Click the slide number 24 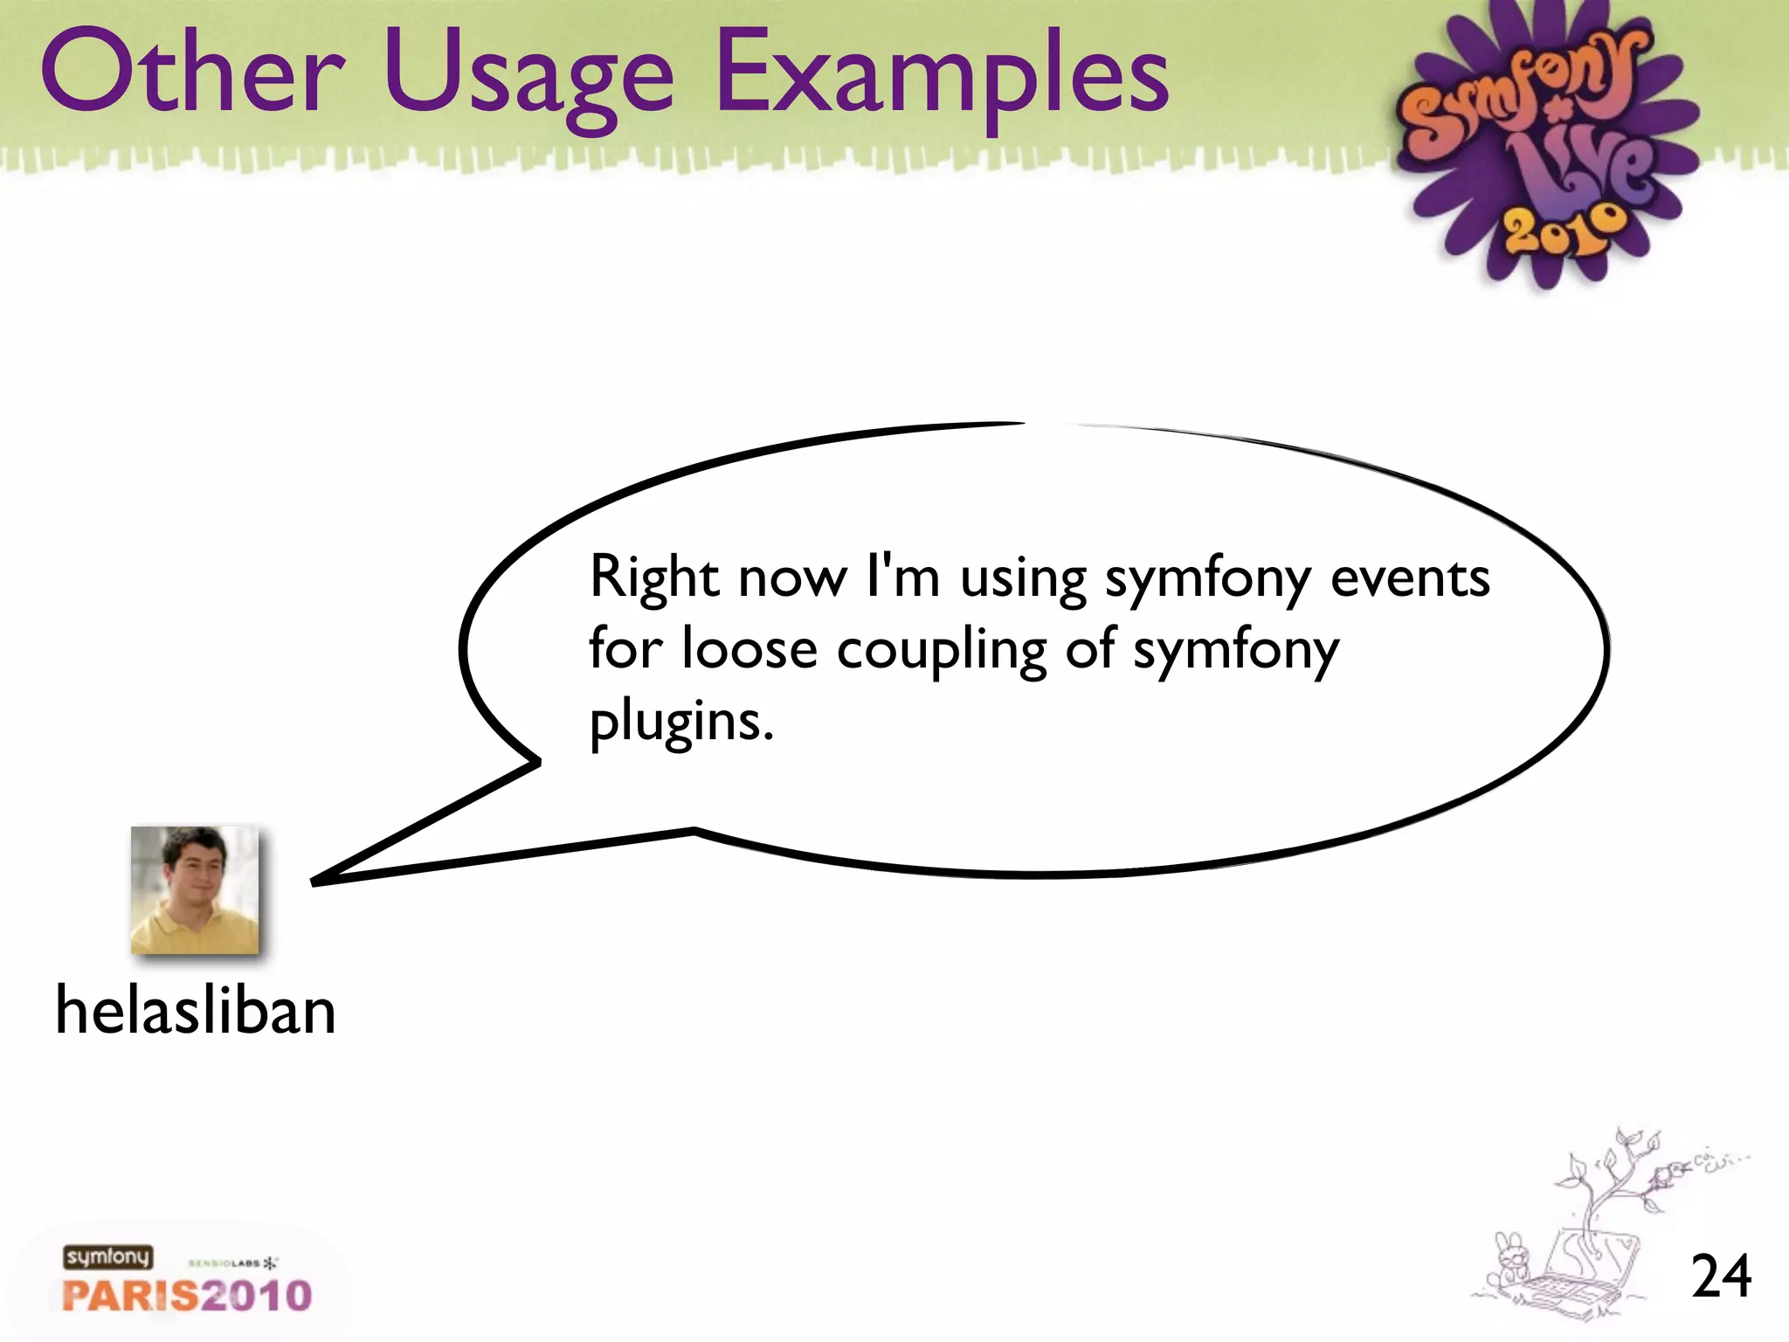[1720, 1276]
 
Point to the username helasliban [196, 1010]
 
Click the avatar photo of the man [195, 889]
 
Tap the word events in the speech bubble [1409, 578]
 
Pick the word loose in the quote [749, 649]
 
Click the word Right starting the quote [654, 579]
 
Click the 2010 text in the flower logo [1564, 230]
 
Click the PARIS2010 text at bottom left [187, 1296]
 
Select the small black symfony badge [107, 1257]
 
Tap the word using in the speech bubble [1023, 579]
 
